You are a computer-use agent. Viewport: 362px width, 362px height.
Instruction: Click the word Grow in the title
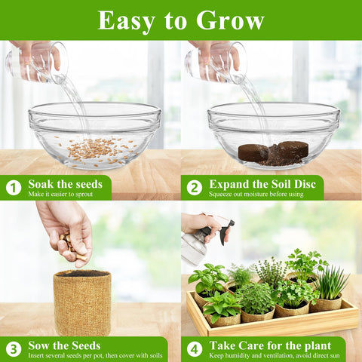(230, 20)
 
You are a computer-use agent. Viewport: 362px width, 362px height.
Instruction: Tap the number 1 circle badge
(14, 188)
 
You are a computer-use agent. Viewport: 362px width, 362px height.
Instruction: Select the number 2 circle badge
(195, 188)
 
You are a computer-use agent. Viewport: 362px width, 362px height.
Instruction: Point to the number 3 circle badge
(14, 349)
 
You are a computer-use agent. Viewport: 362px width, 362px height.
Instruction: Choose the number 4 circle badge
(195, 349)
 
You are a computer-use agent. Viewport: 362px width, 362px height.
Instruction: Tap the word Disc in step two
(305, 184)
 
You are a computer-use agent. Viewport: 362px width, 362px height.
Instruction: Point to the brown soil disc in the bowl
(274, 152)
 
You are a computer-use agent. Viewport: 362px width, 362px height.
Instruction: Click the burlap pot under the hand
(82, 302)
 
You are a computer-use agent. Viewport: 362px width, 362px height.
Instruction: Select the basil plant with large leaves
(208, 278)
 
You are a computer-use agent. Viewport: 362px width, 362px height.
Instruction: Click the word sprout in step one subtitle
(84, 195)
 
